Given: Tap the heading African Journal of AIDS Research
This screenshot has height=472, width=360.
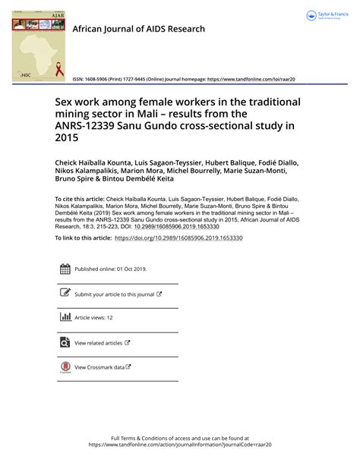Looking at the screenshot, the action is pos(138,29).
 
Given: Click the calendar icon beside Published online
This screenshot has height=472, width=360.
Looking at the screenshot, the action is pos(65,269).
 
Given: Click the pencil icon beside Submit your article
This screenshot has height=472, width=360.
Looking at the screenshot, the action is pos(65,294).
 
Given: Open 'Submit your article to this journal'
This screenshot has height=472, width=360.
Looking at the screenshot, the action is pos(118,294).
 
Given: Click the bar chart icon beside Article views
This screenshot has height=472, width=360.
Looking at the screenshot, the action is pos(65,318).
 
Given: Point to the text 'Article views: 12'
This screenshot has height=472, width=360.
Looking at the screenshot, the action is pos(93,319).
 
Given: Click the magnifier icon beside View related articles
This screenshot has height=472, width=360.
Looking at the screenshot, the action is pos(65,343).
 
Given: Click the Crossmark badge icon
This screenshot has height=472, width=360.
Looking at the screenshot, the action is pos(65,367).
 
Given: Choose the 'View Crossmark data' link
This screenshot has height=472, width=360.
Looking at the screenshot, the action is pos(103,367).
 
